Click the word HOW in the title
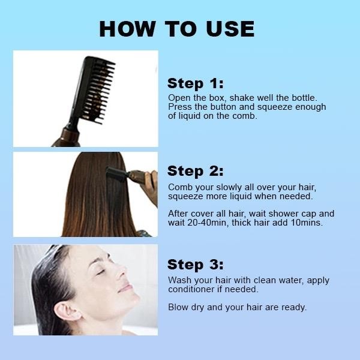(x=128, y=29)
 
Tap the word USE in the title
(x=230, y=29)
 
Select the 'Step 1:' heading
(x=196, y=83)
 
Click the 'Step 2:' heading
(x=196, y=171)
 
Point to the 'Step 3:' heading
(x=196, y=265)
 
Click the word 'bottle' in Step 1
(x=304, y=98)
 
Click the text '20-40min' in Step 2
(x=207, y=223)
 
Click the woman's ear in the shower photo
(x=67, y=312)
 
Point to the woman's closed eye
(x=101, y=272)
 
